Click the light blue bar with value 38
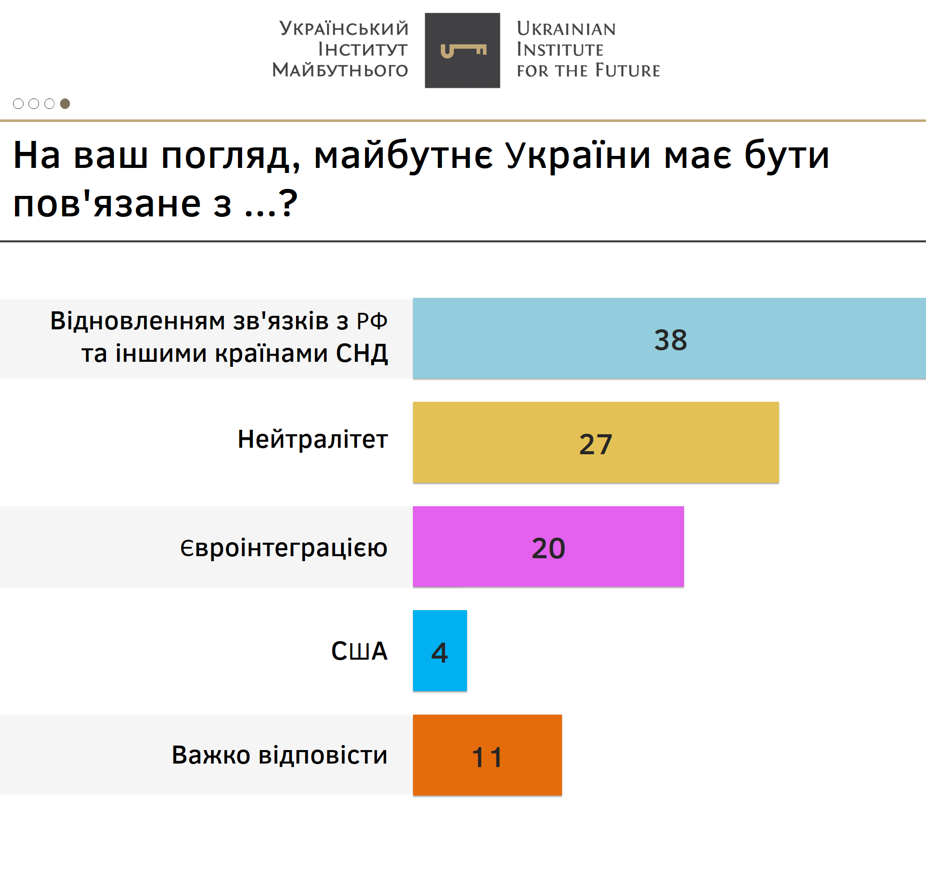coord(669,338)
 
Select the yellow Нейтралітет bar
coord(595,442)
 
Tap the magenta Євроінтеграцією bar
coord(548,546)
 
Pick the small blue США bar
coord(439,651)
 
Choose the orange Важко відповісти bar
coord(487,755)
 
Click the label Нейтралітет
coord(312,440)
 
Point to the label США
coord(359,651)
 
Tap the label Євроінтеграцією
coord(284,548)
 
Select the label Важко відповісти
coord(279,755)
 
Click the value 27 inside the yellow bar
coord(595,444)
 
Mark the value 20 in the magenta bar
coord(548,548)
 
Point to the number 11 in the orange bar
coord(487,757)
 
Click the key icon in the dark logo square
coord(463,50)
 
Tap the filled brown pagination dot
coord(65,103)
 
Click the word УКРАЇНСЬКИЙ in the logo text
coord(344,29)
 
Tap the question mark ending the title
coord(288,203)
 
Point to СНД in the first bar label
coord(362,353)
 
